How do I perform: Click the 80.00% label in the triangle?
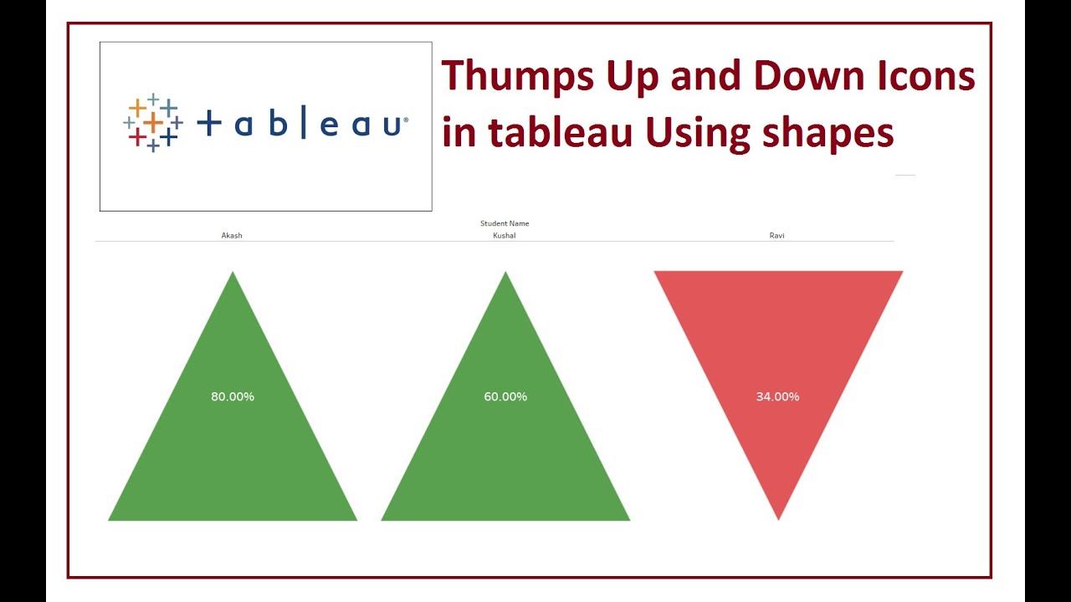(233, 396)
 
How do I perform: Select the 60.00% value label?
(505, 396)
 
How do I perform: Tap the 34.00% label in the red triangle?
(777, 396)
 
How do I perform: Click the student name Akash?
(232, 236)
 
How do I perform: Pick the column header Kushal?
(505, 236)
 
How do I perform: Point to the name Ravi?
(776, 236)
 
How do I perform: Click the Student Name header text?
(505, 223)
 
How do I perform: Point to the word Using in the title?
(691, 132)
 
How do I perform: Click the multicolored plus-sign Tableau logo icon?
(153, 123)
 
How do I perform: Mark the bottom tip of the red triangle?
(778, 518)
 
